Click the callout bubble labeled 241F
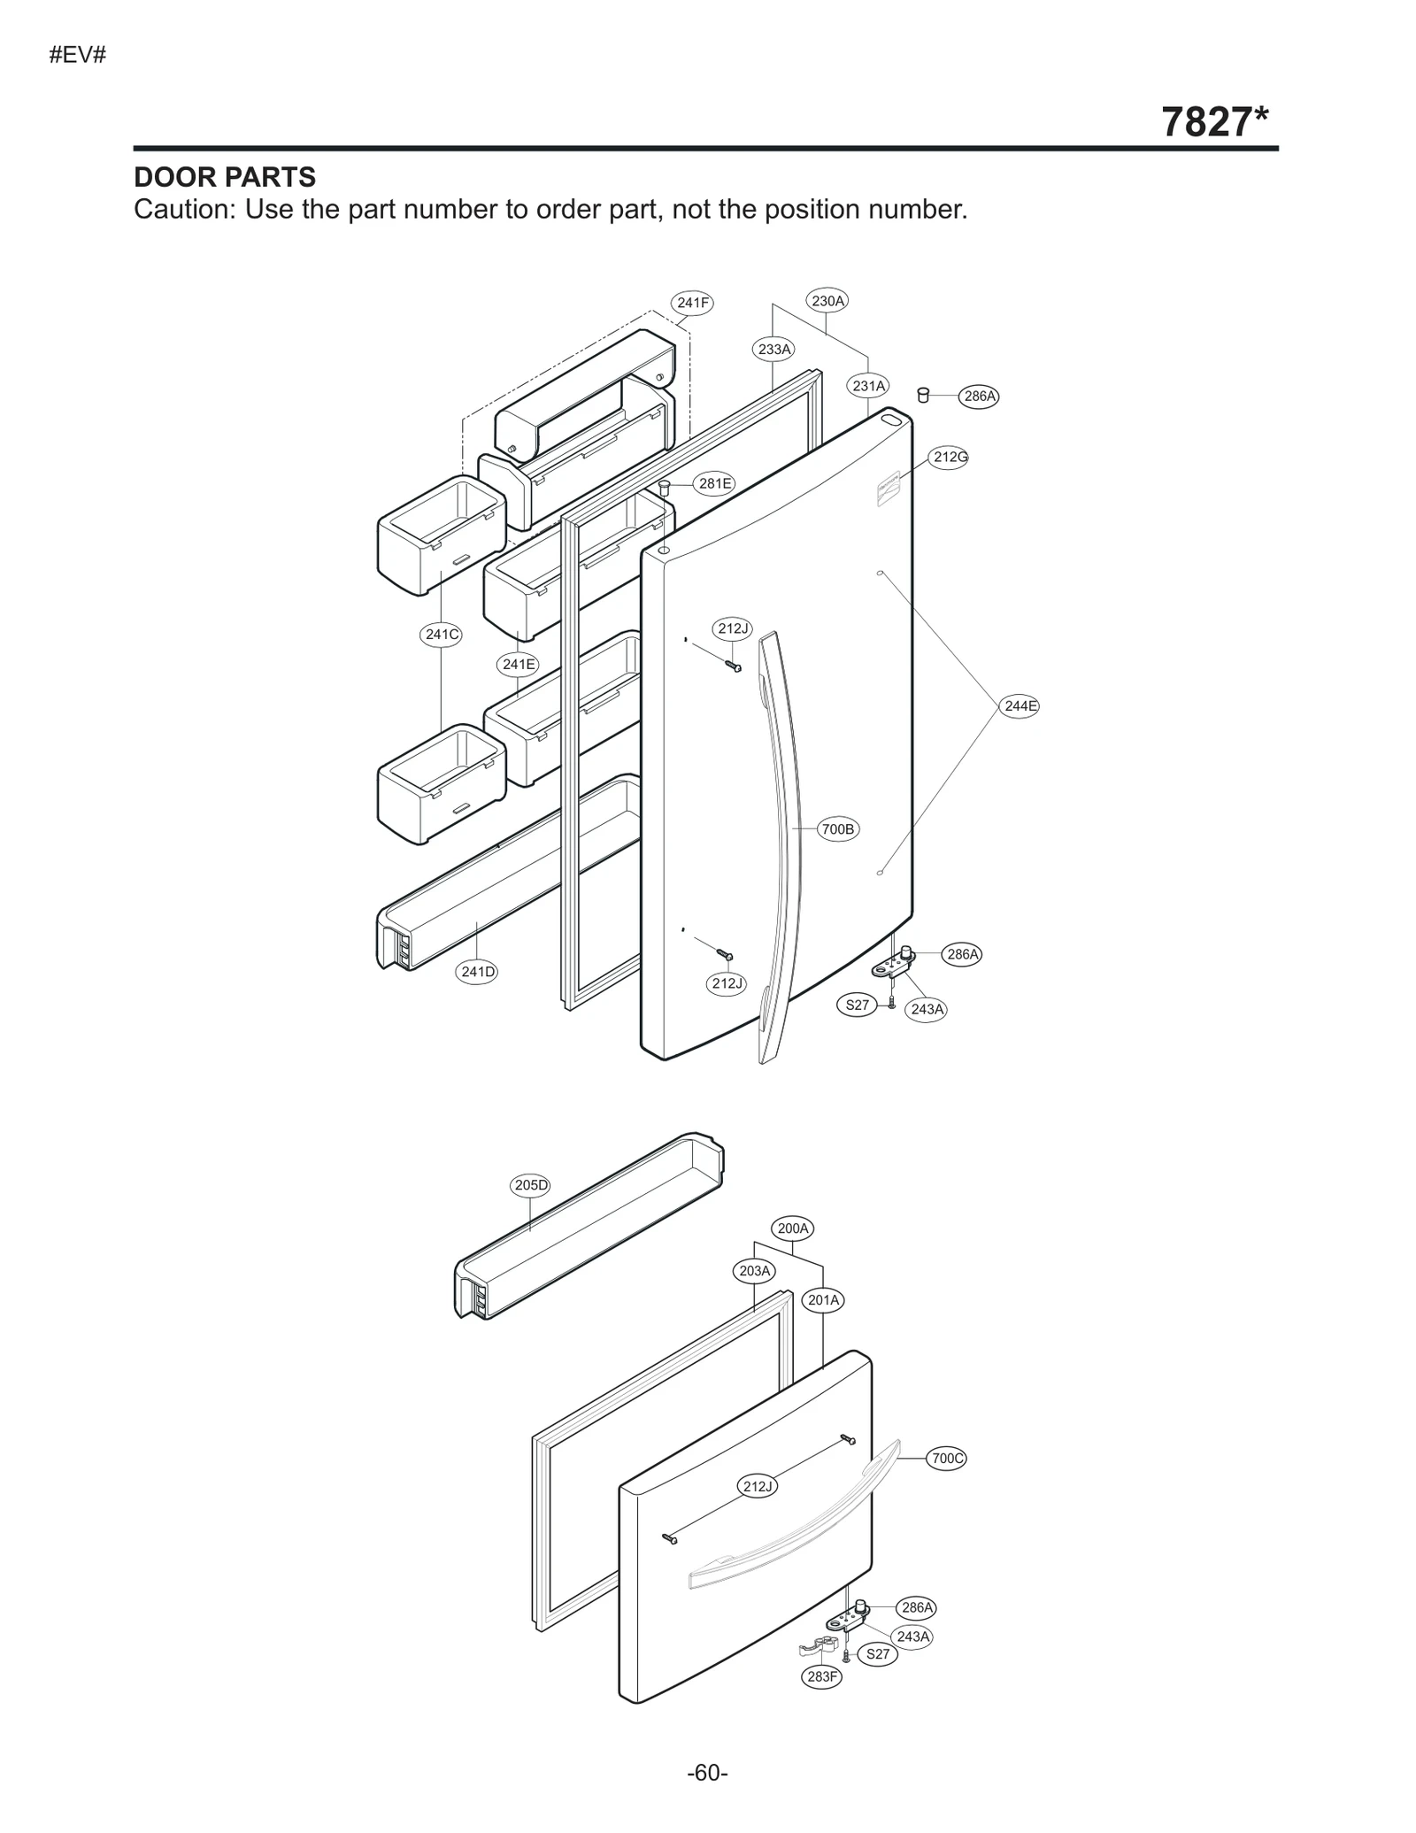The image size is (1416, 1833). (x=692, y=303)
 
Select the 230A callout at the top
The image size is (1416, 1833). (x=827, y=301)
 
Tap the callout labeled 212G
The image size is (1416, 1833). (x=950, y=457)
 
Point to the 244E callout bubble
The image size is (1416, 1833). (x=1020, y=705)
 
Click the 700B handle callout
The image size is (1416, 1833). (x=837, y=829)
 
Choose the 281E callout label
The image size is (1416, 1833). (x=714, y=483)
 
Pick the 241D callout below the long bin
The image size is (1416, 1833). (x=478, y=972)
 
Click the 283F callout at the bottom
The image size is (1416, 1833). (x=822, y=1675)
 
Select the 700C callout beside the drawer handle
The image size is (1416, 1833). (x=946, y=1458)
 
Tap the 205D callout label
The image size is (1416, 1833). (x=531, y=1185)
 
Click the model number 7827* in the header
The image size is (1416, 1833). (x=1213, y=122)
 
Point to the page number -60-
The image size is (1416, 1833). (x=707, y=1772)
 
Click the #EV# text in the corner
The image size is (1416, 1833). (x=78, y=55)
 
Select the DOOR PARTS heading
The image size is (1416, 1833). (x=225, y=177)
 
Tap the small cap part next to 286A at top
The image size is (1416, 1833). (x=923, y=395)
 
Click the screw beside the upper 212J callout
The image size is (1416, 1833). (x=734, y=666)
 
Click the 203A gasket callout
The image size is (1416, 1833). (x=755, y=1271)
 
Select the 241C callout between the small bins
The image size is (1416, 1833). (x=441, y=634)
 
